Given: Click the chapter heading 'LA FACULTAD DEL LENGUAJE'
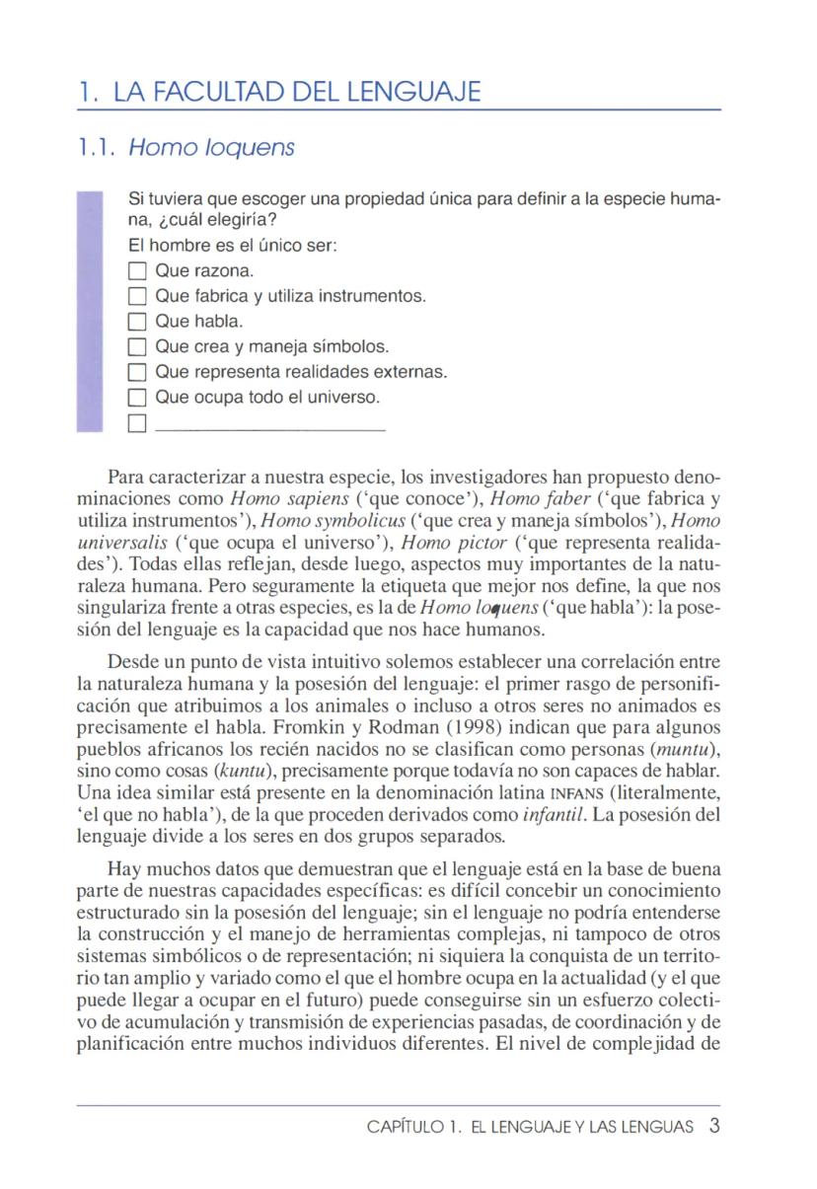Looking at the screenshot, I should [296, 93].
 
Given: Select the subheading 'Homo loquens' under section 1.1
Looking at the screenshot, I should [212, 148].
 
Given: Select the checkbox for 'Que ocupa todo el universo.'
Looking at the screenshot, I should [137, 399].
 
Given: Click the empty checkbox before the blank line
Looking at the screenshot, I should [137, 424].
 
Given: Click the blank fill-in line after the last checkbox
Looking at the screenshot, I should [270, 428].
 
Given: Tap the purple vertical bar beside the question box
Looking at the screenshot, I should [90, 311].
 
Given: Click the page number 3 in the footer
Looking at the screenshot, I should [713, 1126].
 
